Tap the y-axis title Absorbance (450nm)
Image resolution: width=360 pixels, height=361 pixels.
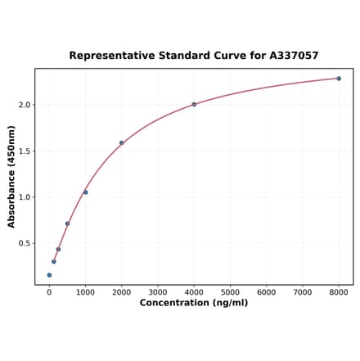coord(11,176)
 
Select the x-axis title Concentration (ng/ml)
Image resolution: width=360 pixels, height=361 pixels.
coord(194,303)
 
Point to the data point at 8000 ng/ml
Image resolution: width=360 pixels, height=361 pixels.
coord(339,79)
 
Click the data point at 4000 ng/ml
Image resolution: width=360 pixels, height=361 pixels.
coord(194,104)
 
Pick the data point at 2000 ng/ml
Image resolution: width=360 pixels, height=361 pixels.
coord(122,143)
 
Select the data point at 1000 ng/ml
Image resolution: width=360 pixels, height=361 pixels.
coord(85,192)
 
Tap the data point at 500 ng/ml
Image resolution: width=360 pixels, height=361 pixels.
coord(67,223)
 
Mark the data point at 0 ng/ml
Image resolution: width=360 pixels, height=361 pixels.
coord(49,275)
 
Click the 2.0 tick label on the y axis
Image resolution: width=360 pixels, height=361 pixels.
coord(25,105)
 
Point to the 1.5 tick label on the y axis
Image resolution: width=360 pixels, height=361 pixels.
coord(25,151)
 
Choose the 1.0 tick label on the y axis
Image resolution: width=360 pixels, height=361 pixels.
coord(25,197)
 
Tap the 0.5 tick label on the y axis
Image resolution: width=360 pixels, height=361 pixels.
coord(25,244)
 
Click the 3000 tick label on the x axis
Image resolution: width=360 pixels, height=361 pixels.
coord(158,291)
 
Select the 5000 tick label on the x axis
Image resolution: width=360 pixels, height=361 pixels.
coord(230,291)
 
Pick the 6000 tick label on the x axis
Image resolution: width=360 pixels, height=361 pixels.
coord(266,291)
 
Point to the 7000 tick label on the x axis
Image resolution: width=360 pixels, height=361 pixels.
coord(303,291)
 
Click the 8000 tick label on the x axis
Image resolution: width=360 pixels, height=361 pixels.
coord(339,291)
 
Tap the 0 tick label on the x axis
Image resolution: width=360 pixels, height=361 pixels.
coord(49,291)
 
